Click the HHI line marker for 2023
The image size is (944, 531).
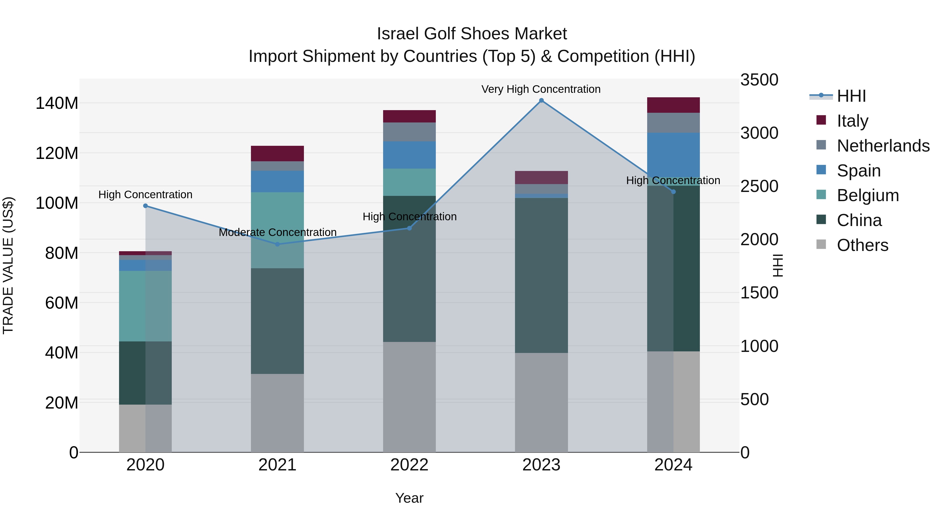coord(541,100)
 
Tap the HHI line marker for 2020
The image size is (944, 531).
coord(146,206)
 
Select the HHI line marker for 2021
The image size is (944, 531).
coord(277,244)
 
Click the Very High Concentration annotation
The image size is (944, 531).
coord(541,89)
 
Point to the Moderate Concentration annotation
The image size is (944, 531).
coord(277,232)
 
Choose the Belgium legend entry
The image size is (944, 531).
coord(868,195)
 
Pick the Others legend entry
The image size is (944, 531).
coord(862,245)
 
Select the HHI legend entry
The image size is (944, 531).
coord(851,96)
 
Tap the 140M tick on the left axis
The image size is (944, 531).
coord(57,103)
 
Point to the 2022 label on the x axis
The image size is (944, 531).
coord(409,465)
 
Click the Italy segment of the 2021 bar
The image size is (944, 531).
coord(277,154)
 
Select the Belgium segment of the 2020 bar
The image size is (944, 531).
coord(146,306)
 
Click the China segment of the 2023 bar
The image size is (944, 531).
coord(541,275)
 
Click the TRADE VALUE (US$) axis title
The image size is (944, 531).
coord(8,266)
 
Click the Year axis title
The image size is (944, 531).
coord(409,498)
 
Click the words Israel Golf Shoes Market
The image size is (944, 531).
coord(472,34)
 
